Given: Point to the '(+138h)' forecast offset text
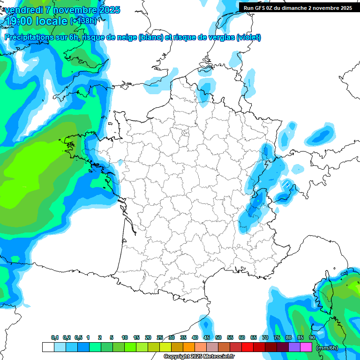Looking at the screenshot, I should (83, 21).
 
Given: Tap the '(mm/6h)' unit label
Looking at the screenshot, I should (327, 347).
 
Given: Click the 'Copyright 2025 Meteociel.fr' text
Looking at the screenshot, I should (200, 356).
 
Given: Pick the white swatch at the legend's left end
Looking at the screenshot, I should (48, 347).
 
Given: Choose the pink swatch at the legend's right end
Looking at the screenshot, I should (306, 347).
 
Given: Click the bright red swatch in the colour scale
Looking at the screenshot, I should (247, 347).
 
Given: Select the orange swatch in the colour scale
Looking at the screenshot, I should (188, 347).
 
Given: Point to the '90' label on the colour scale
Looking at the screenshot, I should (312, 337).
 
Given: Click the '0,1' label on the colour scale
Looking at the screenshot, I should (54, 337).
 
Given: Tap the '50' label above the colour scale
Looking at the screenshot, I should (218, 337).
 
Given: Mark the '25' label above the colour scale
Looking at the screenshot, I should (160, 337).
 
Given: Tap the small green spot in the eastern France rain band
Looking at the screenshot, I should (257, 200).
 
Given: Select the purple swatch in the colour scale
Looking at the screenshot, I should (294, 347).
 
